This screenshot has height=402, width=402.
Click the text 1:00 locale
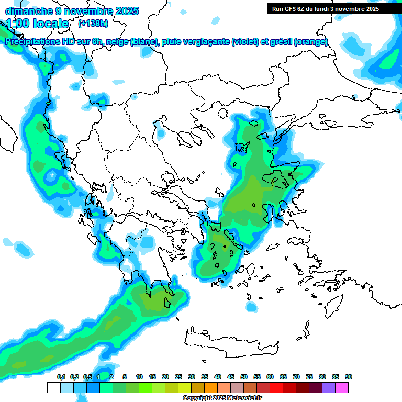click(x=37, y=24)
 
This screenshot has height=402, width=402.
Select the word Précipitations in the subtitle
click(x=35, y=42)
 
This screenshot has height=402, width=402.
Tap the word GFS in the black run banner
click(x=288, y=9)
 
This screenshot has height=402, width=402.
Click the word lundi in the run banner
click(x=327, y=9)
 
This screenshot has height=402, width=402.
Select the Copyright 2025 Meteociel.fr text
click(x=222, y=398)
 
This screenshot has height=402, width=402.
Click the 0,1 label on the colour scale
click(x=61, y=377)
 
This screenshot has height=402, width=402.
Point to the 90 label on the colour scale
click(x=349, y=377)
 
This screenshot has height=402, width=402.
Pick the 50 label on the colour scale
click(x=244, y=377)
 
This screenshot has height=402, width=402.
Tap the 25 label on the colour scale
click(x=178, y=377)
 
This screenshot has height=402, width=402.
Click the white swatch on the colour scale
click(x=53, y=387)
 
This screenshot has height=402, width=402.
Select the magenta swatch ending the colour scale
click(x=342, y=387)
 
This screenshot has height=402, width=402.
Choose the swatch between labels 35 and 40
click(x=211, y=387)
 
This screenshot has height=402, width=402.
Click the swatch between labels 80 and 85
click(x=329, y=387)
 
